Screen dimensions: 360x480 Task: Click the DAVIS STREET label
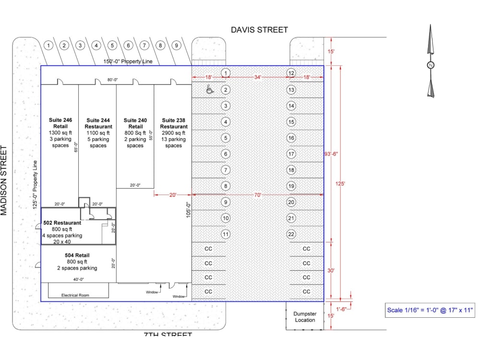coord(259,30)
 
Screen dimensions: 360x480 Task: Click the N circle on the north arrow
coord(431,65)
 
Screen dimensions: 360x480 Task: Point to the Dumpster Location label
coord(305,317)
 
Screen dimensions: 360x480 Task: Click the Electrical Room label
coord(75,295)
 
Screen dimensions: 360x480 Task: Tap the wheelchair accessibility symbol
coord(209,89)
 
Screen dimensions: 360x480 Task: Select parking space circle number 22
coord(291,234)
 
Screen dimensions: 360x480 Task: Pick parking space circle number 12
coord(291,73)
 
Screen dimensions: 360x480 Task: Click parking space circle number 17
coord(291,154)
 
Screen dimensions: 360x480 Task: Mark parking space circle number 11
coord(226,234)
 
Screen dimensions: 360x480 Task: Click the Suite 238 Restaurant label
coord(175,123)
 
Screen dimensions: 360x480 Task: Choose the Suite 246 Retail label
coord(60,123)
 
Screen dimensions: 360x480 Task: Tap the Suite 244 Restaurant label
coord(98,123)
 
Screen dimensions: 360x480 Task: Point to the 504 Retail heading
coord(77,255)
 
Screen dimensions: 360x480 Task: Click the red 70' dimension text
coord(258,195)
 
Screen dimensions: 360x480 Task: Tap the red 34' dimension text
coord(258,77)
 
